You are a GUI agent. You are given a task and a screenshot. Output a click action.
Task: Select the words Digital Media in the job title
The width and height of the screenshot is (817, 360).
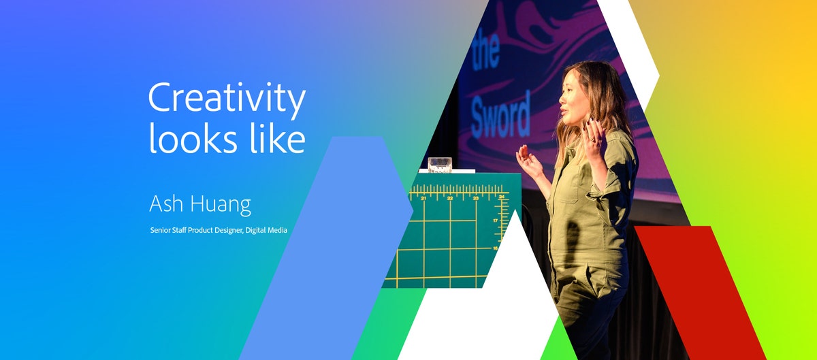pos(267,231)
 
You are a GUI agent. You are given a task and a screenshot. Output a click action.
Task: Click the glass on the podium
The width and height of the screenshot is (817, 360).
pos(439,164)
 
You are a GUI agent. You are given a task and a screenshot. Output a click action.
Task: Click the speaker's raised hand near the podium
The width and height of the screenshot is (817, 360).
pos(527,161)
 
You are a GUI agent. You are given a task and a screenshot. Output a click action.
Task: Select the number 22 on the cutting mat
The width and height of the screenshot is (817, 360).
pos(450,198)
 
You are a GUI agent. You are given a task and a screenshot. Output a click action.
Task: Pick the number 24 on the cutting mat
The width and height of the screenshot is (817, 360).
pos(501,197)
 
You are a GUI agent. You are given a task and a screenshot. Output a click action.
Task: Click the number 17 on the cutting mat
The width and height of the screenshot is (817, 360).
pos(496,221)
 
